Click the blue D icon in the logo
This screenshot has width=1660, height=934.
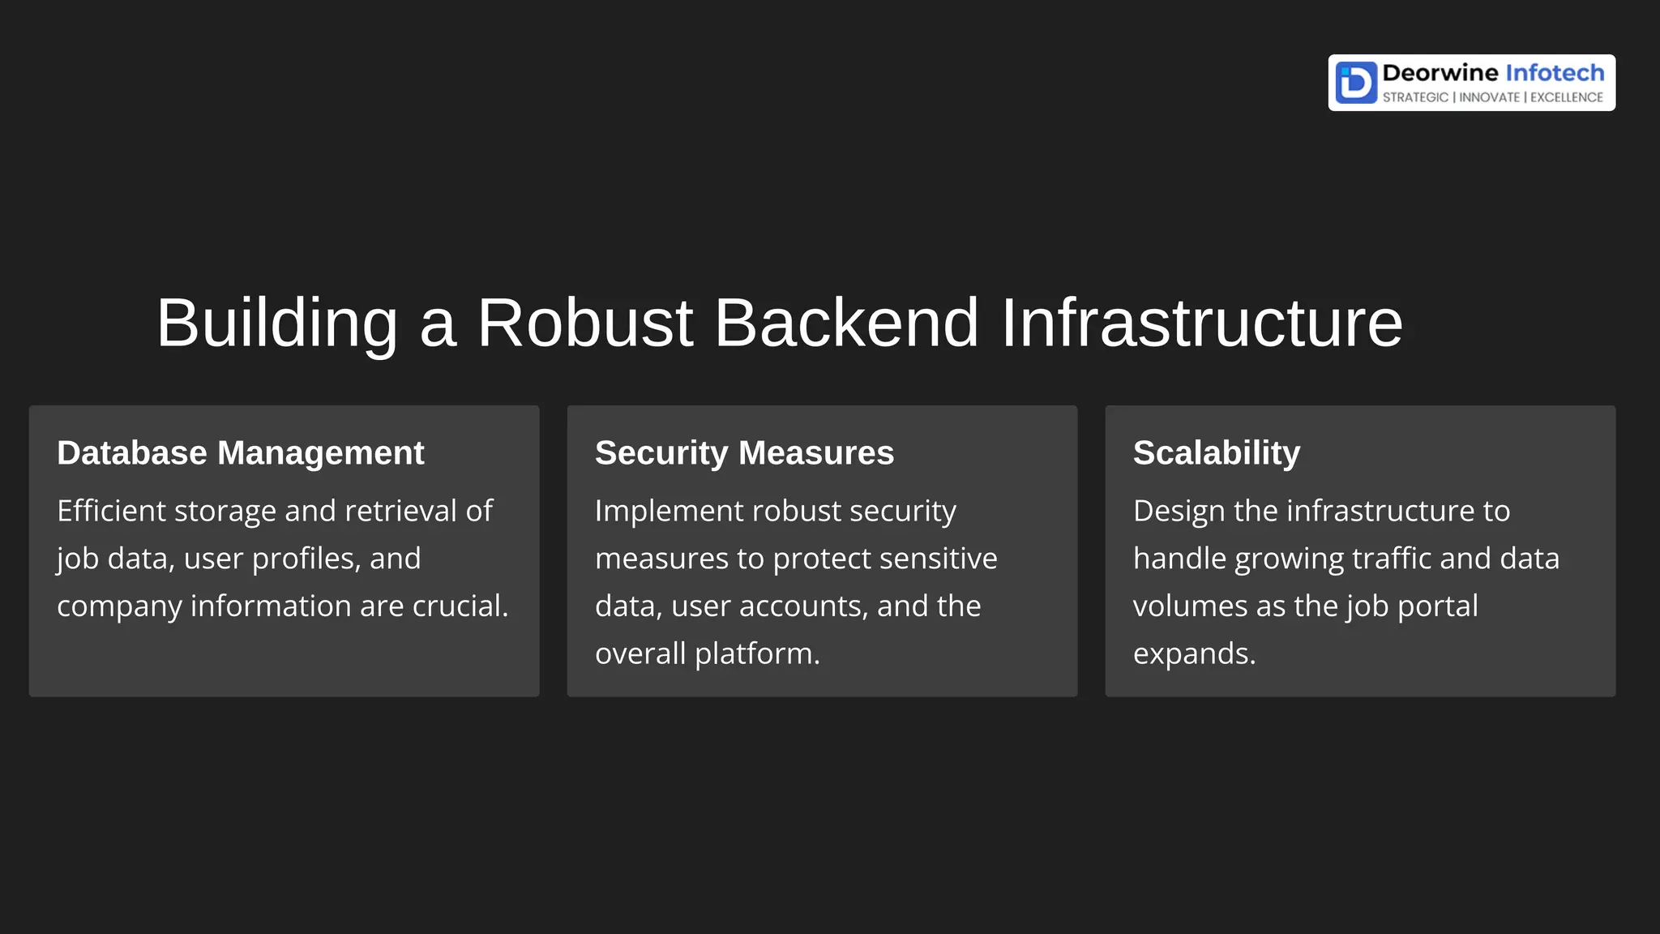pyautogui.click(x=1356, y=83)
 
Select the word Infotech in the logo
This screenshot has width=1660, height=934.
pyautogui.click(x=1555, y=73)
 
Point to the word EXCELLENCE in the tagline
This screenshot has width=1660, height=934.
pyautogui.click(x=1566, y=97)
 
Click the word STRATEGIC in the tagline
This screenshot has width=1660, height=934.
pyautogui.click(x=1415, y=97)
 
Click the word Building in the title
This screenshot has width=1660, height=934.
pyautogui.click(x=276, y=323)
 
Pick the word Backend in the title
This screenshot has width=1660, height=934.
pyautogui.click(x=845, y=323)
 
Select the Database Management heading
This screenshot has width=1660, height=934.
pyautogui.click(x=240, y=452)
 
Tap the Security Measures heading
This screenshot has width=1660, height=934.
pyautogui.click(x=744, y=452)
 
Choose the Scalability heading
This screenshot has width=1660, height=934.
pyautogui.click(x=1216, y=452)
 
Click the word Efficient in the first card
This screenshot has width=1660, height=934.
pyautogui.click(x=111, y=511)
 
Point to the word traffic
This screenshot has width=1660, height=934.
pyautogui.click(x=1391, y=559)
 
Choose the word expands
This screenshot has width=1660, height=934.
pyautogui.click(x=1194, y=653)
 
